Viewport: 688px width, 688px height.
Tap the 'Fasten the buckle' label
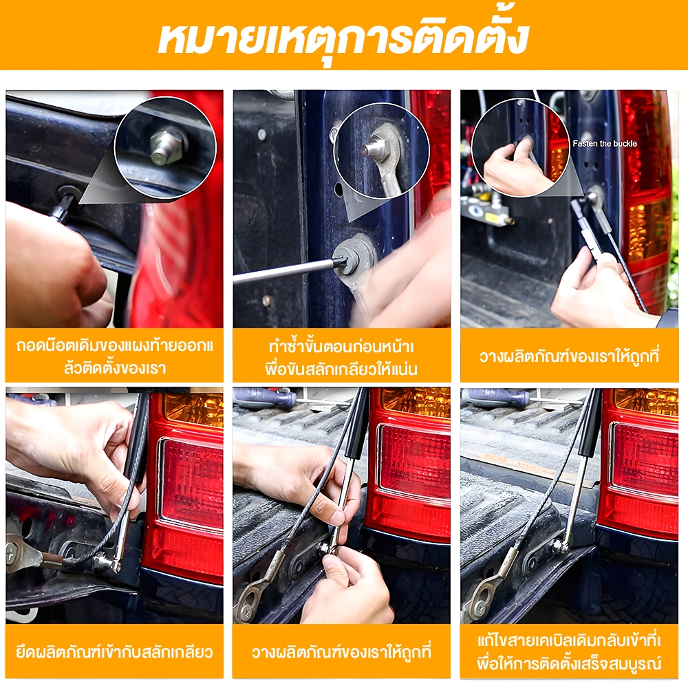(604, 144)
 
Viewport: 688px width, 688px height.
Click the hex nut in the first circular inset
(166, 144)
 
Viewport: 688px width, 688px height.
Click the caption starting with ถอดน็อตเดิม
(114, 356)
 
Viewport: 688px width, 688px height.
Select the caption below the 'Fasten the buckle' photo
(569, 356)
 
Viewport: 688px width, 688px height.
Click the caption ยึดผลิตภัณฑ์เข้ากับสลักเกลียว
(114, 652)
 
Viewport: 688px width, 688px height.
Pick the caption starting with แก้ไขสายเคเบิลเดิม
(569, 652)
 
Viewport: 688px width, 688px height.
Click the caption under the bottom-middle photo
(341, 652)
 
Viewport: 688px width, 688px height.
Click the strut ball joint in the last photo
(560, 546)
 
